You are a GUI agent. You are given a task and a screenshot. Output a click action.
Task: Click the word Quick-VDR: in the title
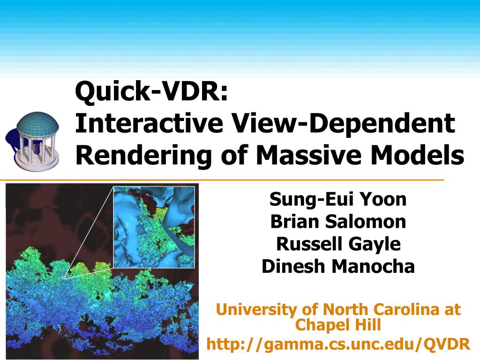pyautogui.click(x=151, y=91)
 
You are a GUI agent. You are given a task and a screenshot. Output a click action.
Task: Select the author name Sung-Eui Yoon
pyautogui.click(x=338, y=199)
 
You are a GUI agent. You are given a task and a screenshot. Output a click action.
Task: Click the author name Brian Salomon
pyautogui.click(x=338, y=222)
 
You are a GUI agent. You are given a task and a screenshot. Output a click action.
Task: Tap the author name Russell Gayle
pyautogui.click(x=338, y=244)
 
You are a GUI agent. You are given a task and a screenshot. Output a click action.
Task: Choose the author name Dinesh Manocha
pyautogui.click(x=338, y=266)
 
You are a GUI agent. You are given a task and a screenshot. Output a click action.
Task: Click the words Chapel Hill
pyautogui.click(x=338, y=324)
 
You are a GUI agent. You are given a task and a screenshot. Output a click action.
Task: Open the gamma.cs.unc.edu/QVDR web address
pyautogui.click(x=338, y=344)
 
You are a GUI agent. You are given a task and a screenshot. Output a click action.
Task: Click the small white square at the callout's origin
pyautogui.click(x=64, y=277)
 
